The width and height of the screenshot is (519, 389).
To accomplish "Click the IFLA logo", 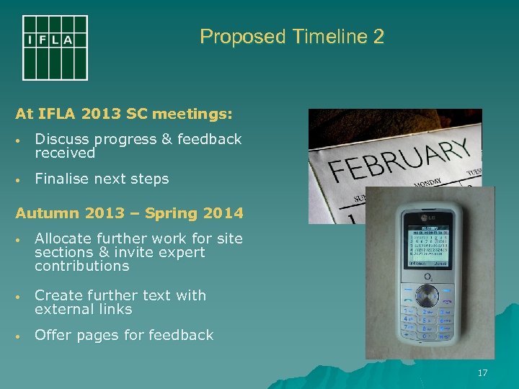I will tap(55, 48).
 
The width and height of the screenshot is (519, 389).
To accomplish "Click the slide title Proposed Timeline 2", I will tap(292, 37).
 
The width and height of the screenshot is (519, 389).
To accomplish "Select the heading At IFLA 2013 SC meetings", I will tap(124, 114).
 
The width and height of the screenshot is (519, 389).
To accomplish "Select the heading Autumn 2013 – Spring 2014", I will tap(129, 213).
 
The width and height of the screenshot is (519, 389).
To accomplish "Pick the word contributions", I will tap(81, 266).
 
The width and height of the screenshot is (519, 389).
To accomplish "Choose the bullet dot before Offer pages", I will tap(22, 336).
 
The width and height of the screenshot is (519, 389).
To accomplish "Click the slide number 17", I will tap(482, 373).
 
